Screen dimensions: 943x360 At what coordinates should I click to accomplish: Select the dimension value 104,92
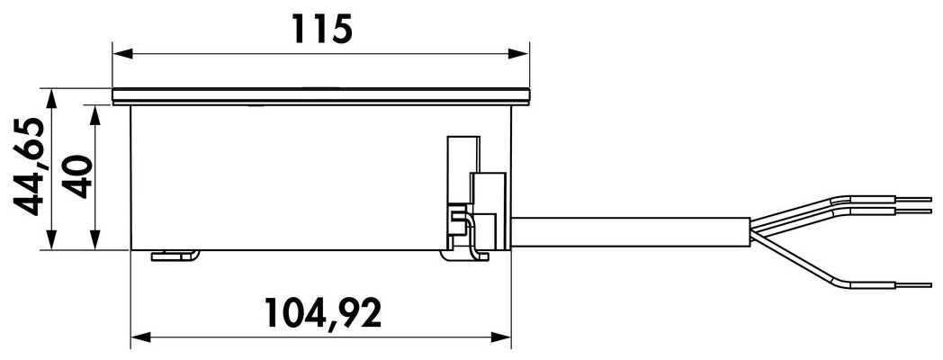click(x=323, y=313)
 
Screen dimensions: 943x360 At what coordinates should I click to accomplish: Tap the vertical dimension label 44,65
click(x=30, y=166)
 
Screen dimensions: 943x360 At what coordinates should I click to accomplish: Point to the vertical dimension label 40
click(x=78, y=176)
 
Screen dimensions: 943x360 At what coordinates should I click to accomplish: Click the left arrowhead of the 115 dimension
click(x=122, y=54)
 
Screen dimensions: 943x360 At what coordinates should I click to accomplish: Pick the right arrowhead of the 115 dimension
click(x=518, y=54)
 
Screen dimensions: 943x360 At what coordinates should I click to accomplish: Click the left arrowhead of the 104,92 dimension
click(x=140, y=337)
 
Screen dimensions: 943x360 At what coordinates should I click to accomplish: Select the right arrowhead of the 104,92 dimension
click(x=501, y=337)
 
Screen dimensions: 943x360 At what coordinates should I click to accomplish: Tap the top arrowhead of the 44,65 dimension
click(x=51, y=99)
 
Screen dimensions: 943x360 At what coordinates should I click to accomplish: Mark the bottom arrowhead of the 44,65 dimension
click(x=51, y=239)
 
